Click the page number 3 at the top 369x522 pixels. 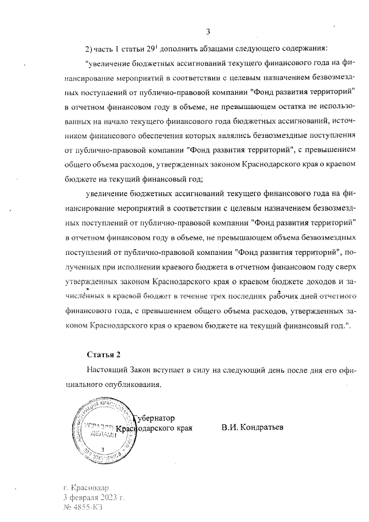point(208,31)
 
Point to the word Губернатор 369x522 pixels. point(153,418)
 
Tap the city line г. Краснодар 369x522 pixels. point(86,487)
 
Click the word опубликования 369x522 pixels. point(127,383)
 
